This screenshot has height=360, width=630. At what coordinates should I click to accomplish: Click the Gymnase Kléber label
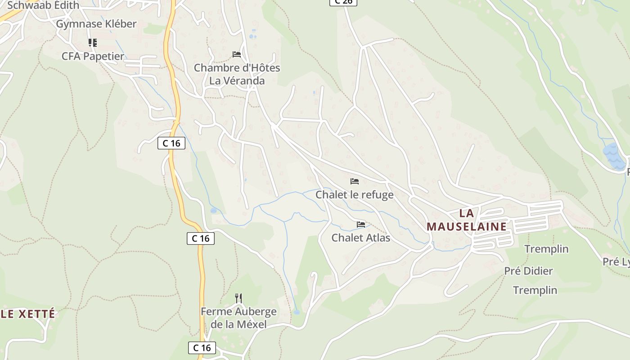pyautogui.click(x=96, y=24)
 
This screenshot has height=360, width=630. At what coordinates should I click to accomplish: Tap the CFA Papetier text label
pyautogui.click(x=93, y=56)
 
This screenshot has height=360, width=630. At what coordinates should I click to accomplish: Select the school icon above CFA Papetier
pyautogui.click(x=92, y=43)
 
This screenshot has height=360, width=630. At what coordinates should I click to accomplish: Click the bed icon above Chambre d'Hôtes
pyautogui.click(x=237, y=54)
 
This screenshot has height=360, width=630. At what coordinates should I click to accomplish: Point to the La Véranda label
pyautogui.click(x=237, y=81)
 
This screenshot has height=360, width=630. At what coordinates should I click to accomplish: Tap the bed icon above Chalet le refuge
pyautogui.click(x=355, y=181)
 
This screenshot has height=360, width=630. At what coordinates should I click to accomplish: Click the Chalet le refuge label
pyautogui.click(x=355, y=194)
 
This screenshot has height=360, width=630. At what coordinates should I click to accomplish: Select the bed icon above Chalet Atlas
pyautogui.click(x=361, y=224)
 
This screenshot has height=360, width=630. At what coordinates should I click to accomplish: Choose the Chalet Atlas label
pyautogui.click(x=361, y=238)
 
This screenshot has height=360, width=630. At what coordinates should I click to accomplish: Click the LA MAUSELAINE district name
pyautogui.click(x=467, y=220)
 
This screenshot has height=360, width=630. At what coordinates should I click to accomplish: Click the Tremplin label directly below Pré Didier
pyautogui.click(x=535, y=290)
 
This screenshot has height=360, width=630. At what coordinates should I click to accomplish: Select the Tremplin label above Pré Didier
pyautogui.click(x=546, y=249)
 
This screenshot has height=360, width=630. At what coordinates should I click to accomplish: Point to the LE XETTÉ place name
pyautogui.click(x=28, y=314)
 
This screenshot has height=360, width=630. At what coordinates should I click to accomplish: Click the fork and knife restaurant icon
pyautogui.click(x=238, y=298)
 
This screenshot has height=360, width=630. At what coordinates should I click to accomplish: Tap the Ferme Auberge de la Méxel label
pyautogui.click(x=238, y=318)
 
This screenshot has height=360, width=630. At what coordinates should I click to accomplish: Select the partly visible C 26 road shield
pyautogui.click(x=343, y=2)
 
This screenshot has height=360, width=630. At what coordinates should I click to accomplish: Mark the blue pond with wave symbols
pyautogui.click(x=612, y=156)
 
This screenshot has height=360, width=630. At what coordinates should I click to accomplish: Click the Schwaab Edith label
pyautogui.click(x=43, y=5)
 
